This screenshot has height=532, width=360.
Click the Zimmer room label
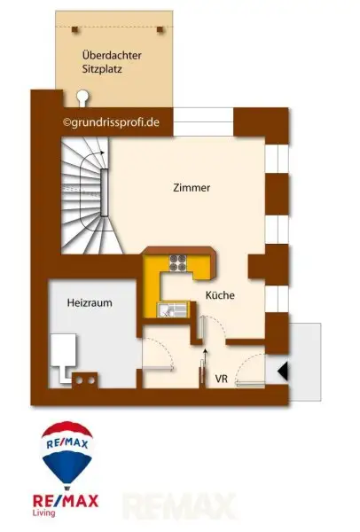click(192, 188)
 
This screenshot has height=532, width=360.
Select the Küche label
click(220, 295)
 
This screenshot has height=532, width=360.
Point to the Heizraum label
click(90, 302)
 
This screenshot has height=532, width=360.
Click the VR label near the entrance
click(222, 379)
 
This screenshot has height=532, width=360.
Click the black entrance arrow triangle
click(283, 372)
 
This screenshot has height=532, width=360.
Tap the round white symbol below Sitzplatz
click(82, 95)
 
